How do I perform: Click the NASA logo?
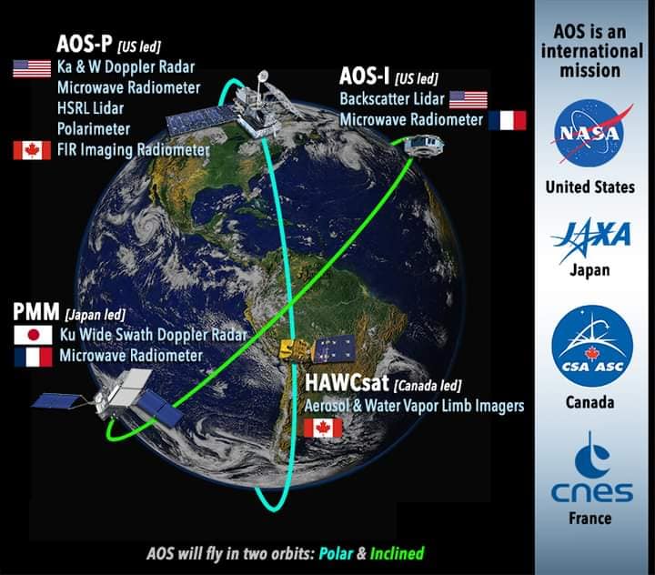point(589,133)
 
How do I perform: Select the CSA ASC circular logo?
point(592,346)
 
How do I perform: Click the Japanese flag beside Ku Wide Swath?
point(33,335)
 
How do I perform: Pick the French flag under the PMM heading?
point(34,358)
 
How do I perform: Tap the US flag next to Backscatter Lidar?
point(469,99)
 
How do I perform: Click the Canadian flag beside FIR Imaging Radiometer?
point(32,150)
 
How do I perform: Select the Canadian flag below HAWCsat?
point(323,428)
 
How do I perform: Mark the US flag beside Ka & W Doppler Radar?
point(32,68)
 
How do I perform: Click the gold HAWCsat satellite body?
point(294,350)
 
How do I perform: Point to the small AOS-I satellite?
point(423,145)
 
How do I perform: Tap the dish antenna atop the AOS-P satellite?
point(263,76)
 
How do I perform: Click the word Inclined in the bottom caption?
point(397,553)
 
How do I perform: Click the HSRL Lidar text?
point(91,108)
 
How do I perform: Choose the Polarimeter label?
point(94,129)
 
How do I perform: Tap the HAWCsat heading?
point(347,383)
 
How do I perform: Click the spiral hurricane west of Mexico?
point(147,226)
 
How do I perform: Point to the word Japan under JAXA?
point(589,270)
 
